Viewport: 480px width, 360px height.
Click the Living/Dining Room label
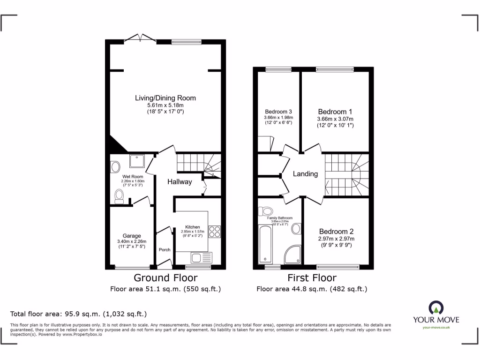pos(165,98)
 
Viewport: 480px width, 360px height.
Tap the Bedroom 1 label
pos(335,112)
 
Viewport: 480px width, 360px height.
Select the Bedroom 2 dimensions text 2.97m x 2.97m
pos(336,239)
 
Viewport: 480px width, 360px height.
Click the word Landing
pos(305,173)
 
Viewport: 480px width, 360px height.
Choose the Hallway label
pos(180,181)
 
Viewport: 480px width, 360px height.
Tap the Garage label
pos(132,236)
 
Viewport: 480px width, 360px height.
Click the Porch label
pos(165,250)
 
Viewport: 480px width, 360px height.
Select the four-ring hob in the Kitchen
pos(214,232)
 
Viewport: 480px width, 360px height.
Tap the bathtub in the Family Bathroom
pos(265,243)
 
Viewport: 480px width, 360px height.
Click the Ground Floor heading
pos(165,277)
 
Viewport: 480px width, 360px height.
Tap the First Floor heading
pos(312,277)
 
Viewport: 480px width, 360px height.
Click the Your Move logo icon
pos(436,307)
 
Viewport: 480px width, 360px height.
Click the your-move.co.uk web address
pos(436,328)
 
